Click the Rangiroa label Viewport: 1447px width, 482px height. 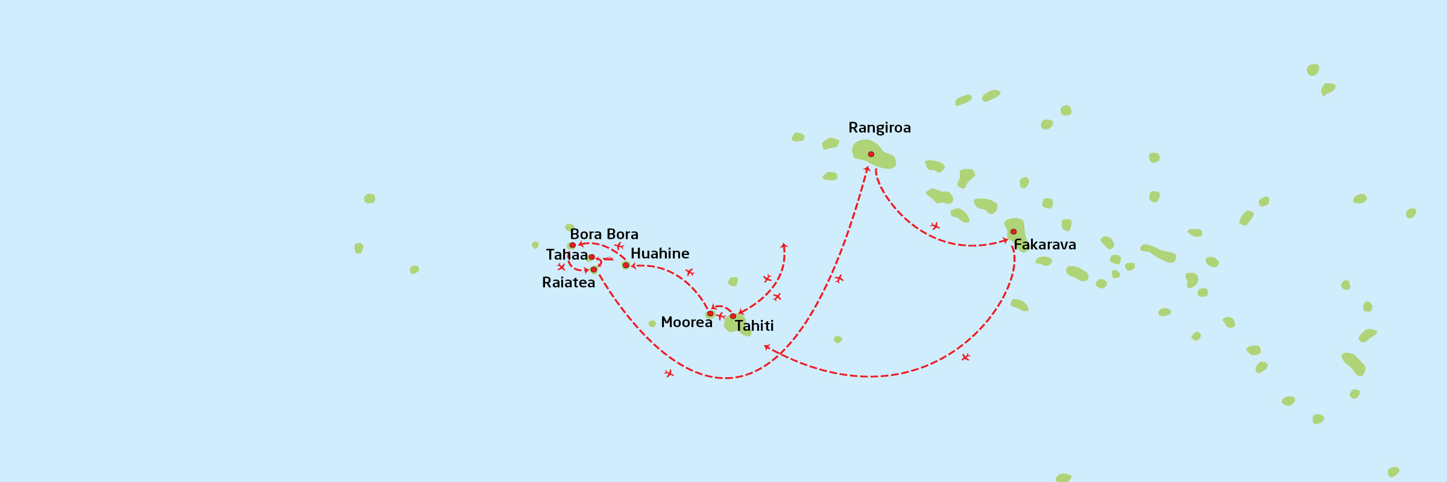pyautogui.click(x=879, y=128)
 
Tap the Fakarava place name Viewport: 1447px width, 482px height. pyautogui.click(x=1045, y=245)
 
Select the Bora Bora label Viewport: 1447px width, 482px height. pyautogui.click(x=604, y=234)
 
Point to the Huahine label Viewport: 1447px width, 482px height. pyautogui.click(x=660, y=254)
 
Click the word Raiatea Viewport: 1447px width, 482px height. pyautogui.click(x=568, y=283)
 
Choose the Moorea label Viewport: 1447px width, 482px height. pyautogui.click(x=686, y=322)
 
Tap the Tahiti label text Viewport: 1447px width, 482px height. pyautogui.click(x=754, y=326)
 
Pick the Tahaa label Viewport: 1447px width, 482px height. pyautogui.click(x=566, y=255)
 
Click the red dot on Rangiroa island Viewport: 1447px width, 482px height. pyautogui.click(x=871, y=154)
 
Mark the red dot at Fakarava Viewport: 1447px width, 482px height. pyautogui.click(x=1014, y=232)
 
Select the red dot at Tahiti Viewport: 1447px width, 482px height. pyautogui.click(x=733, y=316)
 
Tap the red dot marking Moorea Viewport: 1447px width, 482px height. pyautogui.click(x=710, y=314)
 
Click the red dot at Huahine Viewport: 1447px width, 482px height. pyautogui.click(x=626, y=265)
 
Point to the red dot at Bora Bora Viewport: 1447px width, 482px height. pyautogui.click(x=573, y=245)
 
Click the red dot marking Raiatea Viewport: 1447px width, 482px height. pyautogui.click(x=594, y=270)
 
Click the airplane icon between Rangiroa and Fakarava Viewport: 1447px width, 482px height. pyautogui.click(x=935, y=226)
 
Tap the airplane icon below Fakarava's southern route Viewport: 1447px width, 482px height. pyautogui.click(x=965, y=357)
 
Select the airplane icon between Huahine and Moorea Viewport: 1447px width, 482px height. pyautogui.click(x=690, y=272)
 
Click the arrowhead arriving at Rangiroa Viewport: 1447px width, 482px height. pyautogui.click(x=867, y=169)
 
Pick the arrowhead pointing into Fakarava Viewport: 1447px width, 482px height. pyautogui.click(x=1004, y=240)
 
